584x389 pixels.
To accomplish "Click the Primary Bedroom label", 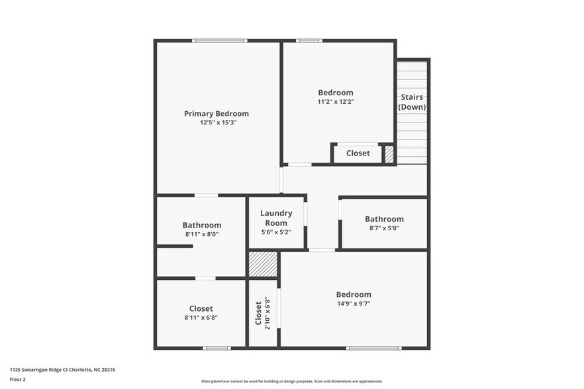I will pos(217,114).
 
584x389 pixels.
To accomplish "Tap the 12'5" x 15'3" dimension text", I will pos(218,122).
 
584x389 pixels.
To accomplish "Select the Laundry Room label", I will pos(276,218).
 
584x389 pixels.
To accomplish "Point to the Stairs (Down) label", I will pos(412,102).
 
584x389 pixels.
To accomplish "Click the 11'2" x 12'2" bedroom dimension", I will pos(336,102).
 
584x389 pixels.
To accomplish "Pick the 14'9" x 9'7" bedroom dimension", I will pos(353,304).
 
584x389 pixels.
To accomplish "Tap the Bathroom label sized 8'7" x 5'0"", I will pos(384,219).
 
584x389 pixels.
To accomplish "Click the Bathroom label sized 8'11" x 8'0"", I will pos(202,225).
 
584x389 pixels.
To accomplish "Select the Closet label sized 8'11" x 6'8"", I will pos(201,308).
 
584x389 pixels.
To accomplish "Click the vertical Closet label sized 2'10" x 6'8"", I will pos(258,313).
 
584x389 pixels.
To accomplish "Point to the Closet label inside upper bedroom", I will pos(358,153).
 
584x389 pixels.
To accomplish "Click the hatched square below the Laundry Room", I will pos(263,264).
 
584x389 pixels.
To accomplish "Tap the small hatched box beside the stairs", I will pos(389,154).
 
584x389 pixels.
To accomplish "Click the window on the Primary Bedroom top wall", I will pos(219,41).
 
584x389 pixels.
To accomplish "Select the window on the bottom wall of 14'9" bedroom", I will pos(373,348).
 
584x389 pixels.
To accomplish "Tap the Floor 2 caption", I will pos(18,379).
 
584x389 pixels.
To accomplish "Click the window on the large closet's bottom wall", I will pos(217,348).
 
